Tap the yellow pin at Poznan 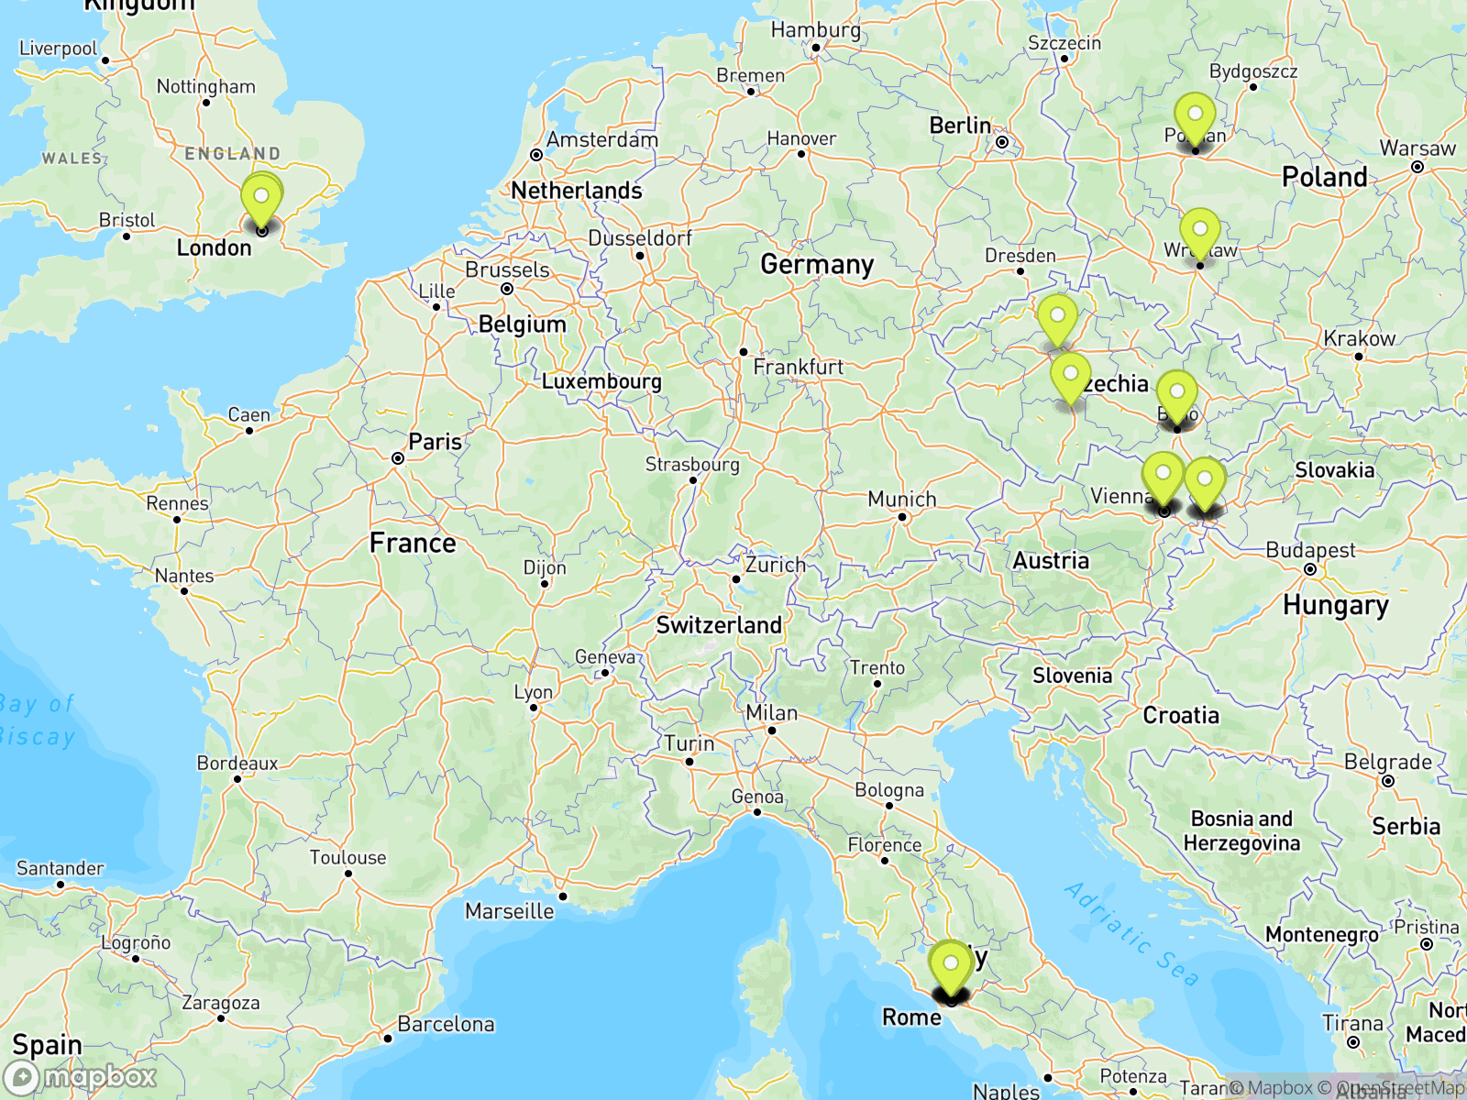1195,117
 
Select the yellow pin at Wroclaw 1199,232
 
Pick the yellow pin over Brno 1176,395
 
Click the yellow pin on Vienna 1163,477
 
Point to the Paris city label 435,442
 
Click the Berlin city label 960,126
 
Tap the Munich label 902,500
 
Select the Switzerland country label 719,625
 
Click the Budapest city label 1310,551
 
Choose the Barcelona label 446,1024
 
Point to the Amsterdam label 602,140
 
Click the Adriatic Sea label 1131,933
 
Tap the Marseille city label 510,911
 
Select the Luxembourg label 601,381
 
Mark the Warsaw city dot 1417,167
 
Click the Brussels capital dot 507,289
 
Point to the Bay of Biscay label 37,720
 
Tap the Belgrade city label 1387,763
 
